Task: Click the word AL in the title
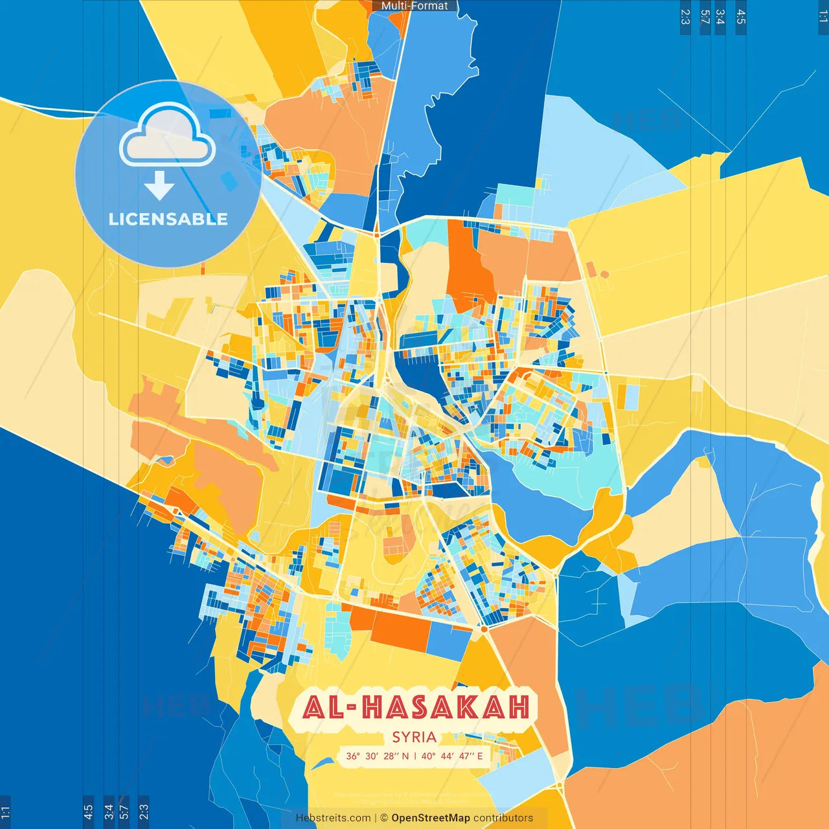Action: (x=323, y=707)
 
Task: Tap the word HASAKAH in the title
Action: (x=446, y=707)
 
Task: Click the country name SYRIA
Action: (x=414, y=737)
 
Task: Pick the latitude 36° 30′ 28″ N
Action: (x=377, y=756)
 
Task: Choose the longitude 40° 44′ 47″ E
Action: (x=452, y=756)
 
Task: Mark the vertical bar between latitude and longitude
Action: (x=415, y=756)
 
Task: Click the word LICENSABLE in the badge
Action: (x=168, y=219)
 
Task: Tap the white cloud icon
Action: (x=167, y=135)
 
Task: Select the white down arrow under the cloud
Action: (x=159, y=186)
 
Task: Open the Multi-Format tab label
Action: (x=414, y=6)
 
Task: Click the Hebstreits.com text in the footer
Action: (x=333, y=818)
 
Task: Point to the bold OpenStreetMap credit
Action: (x=431, y=818)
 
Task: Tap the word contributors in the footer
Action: (x=503, y=818)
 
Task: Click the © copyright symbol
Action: (x=384, y=818)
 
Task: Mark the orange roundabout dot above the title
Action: (x=483, y=628)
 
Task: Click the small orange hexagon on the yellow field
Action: (x=591, y=269)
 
